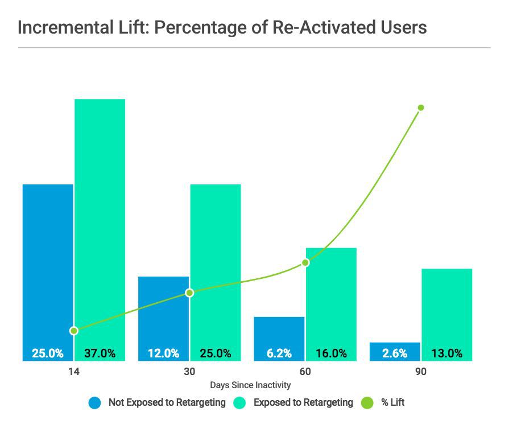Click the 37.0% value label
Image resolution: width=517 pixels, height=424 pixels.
(100, 353)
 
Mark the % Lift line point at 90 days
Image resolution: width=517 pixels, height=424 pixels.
(421, 108)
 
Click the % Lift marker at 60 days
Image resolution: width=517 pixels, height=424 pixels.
(305, 262)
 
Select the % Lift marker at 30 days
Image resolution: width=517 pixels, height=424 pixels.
(190, 293)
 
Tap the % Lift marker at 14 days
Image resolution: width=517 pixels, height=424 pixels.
(73, 331)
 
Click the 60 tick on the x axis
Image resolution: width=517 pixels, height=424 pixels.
(305, 372)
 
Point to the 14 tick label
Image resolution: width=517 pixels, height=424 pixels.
(73, 372)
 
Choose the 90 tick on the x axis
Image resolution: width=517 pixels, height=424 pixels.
(420, 372)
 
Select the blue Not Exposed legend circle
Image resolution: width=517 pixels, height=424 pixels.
(95, 403)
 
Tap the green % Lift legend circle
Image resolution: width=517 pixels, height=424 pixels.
(369, 403)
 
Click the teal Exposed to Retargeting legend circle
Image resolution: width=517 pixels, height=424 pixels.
(241, 403)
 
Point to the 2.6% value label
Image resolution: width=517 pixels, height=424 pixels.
(395, 353)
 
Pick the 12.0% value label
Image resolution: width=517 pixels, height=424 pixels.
(163, 353)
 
